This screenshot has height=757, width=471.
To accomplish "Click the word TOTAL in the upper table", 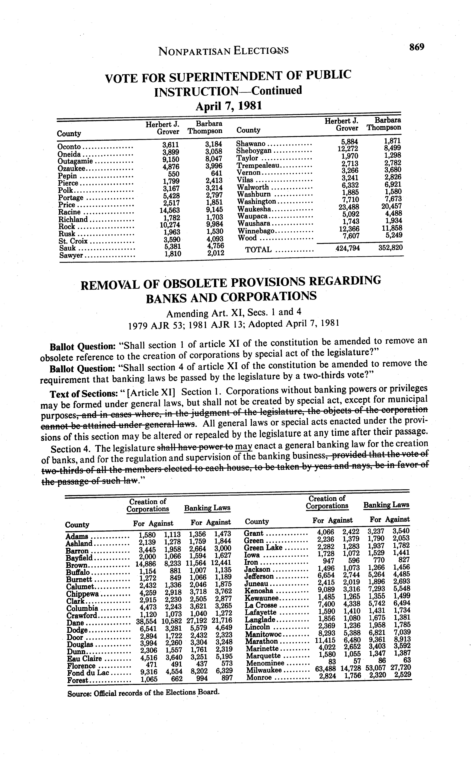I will [x=258, y=250].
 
